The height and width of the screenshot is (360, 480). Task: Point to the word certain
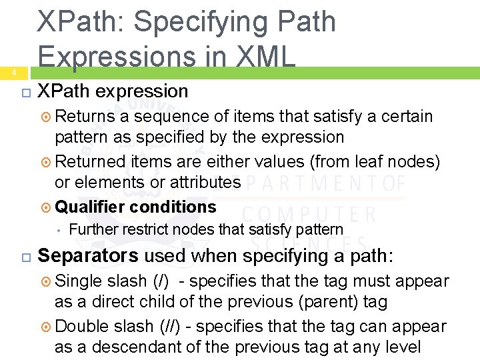[x=407, y=117]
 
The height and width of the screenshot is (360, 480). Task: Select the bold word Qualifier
[x=89, y=207]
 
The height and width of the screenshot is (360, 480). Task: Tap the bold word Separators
[x=88, y=256]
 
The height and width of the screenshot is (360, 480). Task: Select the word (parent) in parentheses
[x=329, y=302]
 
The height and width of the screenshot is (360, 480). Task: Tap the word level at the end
[x=402, y=347]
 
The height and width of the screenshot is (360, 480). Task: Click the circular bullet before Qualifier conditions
[x=45, y=207]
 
